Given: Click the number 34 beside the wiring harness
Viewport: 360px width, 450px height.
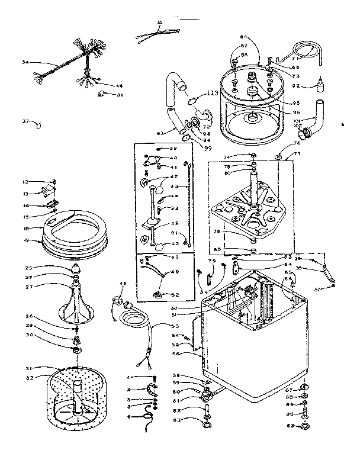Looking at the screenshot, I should coord(25,62).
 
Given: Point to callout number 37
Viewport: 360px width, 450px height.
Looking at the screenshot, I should coord(25,123).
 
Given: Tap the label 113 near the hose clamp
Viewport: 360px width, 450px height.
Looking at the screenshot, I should coord(213,93).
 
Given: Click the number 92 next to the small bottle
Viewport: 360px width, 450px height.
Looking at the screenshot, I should coord(296,87).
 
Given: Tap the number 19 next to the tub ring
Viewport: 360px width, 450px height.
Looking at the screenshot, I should coord(26,241).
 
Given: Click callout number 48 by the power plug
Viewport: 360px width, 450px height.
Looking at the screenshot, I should coord(123,283).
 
